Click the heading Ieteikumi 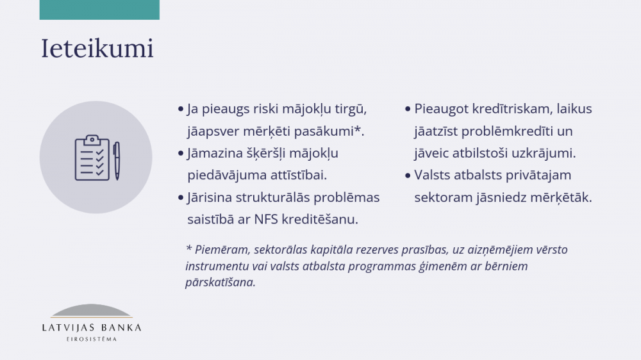click(97, 48)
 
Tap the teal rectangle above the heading click(99, 10)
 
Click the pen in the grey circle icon click(117, 161)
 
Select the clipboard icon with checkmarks click(92, 158)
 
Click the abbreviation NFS click(266, 220)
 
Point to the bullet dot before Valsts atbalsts click(408, 176)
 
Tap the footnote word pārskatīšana click(221, 282)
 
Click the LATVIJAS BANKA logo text click(92, 328)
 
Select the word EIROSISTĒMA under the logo click(92, 339)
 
